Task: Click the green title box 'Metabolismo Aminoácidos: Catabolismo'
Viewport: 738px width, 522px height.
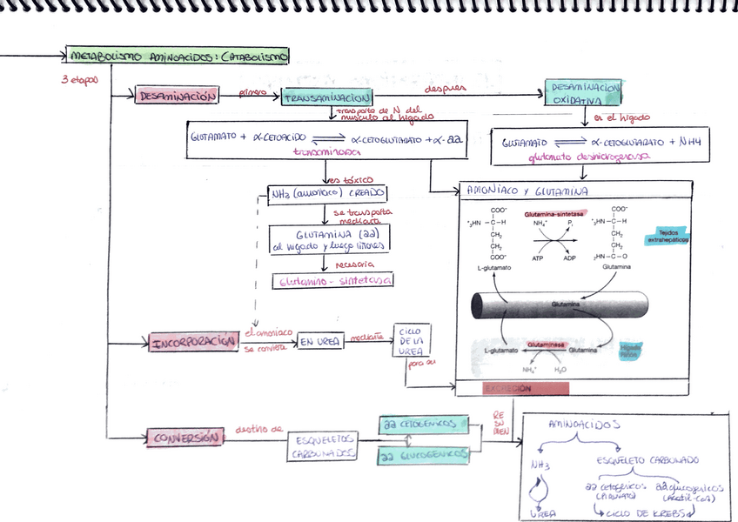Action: (x=178, y=56)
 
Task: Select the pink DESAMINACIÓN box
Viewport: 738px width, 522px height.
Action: (x=177, y=96)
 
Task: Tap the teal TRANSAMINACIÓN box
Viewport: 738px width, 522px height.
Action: (x=327, y=98)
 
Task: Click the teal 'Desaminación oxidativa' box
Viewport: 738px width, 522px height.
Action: (x=584, y=94)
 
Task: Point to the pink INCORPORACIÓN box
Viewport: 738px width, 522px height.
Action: (x=194, y=343)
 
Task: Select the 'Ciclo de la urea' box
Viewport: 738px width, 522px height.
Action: (x=411, y=342)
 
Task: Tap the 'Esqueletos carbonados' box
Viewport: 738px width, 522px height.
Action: (x=322, y=446)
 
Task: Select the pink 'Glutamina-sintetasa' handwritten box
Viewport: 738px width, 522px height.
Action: (x=333, y=281)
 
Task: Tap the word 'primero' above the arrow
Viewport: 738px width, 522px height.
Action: (x=253, y=90)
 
